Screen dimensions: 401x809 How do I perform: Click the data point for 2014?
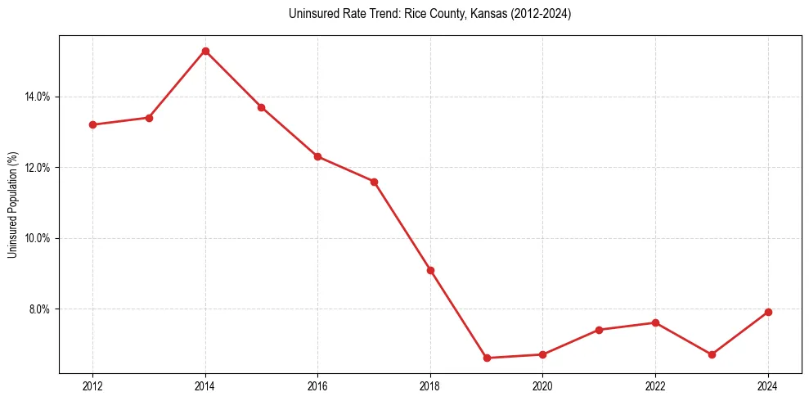click(205, 51)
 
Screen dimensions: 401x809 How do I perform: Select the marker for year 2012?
click(92, 124)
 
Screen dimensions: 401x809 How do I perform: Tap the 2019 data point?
click(487, 358)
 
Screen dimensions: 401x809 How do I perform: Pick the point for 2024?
click(768, 312)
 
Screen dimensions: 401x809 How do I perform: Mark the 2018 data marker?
click(430, 270)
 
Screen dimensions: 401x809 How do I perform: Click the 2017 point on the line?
click(374, 182)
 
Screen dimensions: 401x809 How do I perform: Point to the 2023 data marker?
click(712, 354)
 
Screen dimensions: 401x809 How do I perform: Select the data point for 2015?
click(262, 107)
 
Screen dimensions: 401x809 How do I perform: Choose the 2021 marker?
click(599, 330)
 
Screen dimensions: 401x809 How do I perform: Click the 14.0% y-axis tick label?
click(38, 97)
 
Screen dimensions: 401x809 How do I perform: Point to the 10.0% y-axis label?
click(38, 238)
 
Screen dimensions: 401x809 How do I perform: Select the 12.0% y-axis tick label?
click(38, 168)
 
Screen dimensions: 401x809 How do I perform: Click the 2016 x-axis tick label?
click(317, 385)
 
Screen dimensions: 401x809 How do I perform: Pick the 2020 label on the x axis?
click(542, 385)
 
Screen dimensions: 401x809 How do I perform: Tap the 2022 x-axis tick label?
click(655, 385)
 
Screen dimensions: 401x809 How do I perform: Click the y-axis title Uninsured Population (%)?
click(12, 205)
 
